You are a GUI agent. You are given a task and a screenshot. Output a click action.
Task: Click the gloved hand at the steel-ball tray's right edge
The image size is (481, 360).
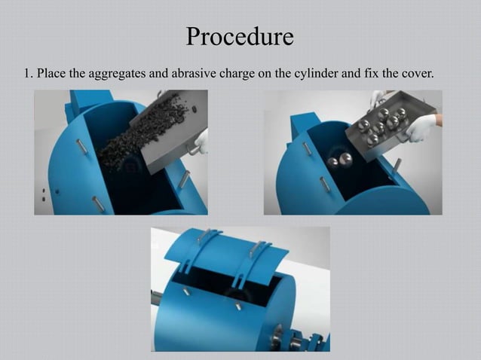tap(423, 125)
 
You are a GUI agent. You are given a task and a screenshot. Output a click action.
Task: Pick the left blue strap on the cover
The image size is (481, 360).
tap(199, 249)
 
